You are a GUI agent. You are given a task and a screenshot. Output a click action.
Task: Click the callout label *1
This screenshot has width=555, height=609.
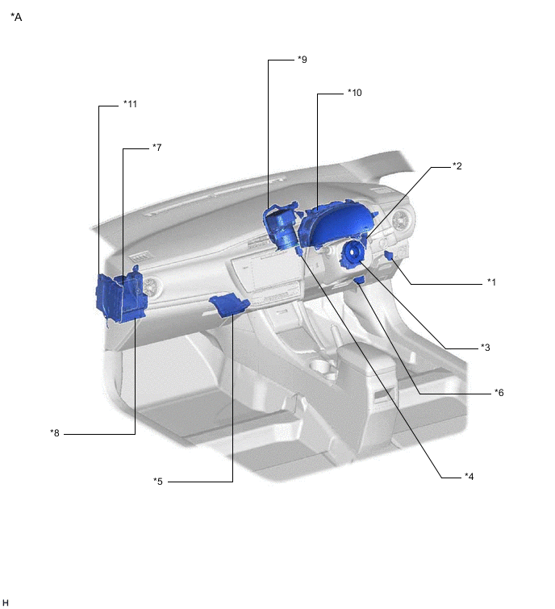490,282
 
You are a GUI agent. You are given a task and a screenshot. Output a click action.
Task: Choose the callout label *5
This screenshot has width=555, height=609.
158,482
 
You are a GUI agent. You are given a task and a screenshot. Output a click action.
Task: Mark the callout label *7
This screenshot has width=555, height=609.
157,148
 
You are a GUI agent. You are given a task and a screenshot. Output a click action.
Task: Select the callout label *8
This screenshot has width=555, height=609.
55,433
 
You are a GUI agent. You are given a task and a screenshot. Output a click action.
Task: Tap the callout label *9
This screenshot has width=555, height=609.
302,59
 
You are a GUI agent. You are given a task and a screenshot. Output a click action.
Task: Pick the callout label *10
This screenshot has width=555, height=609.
354,93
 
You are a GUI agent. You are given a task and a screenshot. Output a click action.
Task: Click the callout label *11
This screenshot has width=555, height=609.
130,104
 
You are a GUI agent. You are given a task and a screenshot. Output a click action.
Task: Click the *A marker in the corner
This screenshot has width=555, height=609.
16,16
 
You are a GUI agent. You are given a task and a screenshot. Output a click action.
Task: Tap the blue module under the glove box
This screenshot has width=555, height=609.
227,304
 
